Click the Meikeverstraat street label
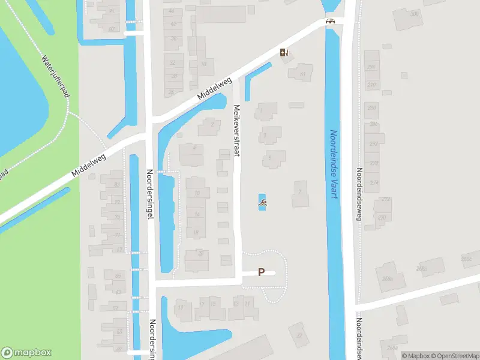(x=236, y=130)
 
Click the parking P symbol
(x=261, y=272)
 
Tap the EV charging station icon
(x=284, y=52)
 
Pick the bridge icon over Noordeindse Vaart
(x=329, y=22)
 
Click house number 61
(x=302, y=74)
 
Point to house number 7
(x=299, y=192)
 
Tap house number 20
(x=201, y=253)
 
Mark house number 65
(x=118, y=276)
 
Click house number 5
(x=271, y=158)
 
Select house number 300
(x=413, y=14)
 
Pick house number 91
(x=112, y=11)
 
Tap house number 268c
(x=466, y=259)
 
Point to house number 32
(x=173, y=62)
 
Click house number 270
(x=382, y=218)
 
